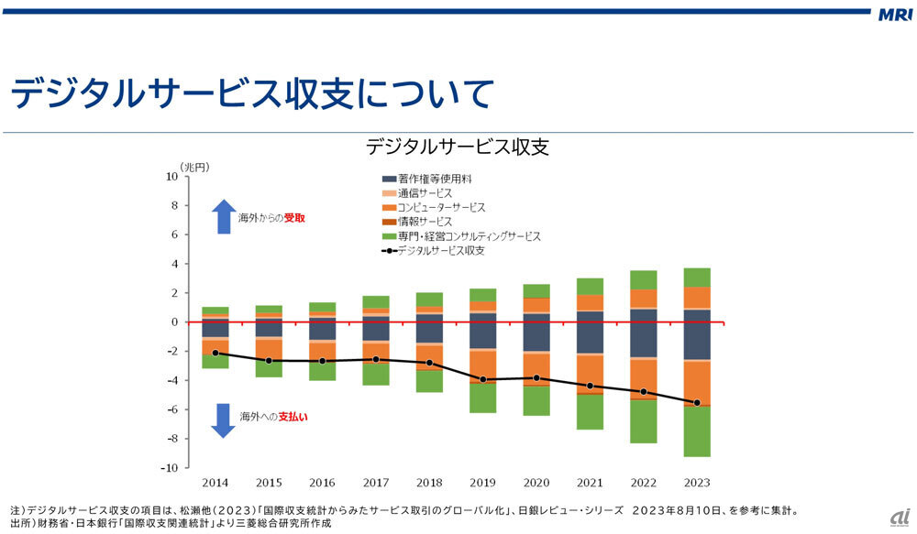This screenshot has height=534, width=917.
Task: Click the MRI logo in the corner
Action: coord(893,16)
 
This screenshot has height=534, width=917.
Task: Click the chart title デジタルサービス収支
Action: coord(457,147)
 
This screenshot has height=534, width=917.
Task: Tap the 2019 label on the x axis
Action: coord(482,482)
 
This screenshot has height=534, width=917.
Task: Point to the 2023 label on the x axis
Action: coord(697,482)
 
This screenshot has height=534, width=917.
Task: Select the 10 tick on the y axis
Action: coord(171,177)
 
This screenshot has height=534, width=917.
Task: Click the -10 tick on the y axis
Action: coord(168,468)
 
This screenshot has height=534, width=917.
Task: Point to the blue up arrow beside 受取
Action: coord(223,217)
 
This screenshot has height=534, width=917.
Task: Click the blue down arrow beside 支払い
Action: coord(223,419)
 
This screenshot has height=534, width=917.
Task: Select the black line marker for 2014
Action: coord(215,353)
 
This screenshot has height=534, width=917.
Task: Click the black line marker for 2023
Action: coord(697,403)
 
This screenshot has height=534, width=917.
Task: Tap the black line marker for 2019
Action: coord(482,379)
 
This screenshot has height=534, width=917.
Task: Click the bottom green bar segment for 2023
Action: coord(697,430)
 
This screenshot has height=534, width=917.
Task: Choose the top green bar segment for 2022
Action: coord(643,279)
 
